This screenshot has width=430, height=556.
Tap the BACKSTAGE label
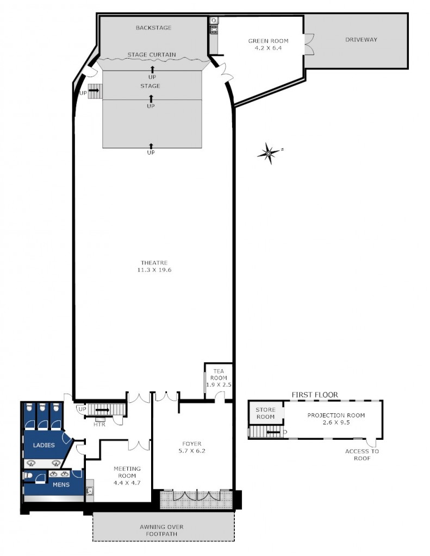tap(153, 28)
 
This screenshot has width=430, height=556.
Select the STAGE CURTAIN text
tap(152, 55)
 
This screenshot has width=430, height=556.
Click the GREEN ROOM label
tap(268, 41)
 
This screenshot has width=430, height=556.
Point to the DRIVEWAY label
tap(361, 40)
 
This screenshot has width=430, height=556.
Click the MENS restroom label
tap(60, 484)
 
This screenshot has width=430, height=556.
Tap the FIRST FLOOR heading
tap(315, 395)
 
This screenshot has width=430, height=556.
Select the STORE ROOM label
tap(265, 413)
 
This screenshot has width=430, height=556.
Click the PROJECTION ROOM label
tap(335, 415)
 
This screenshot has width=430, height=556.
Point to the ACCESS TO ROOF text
tap(362, 454)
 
